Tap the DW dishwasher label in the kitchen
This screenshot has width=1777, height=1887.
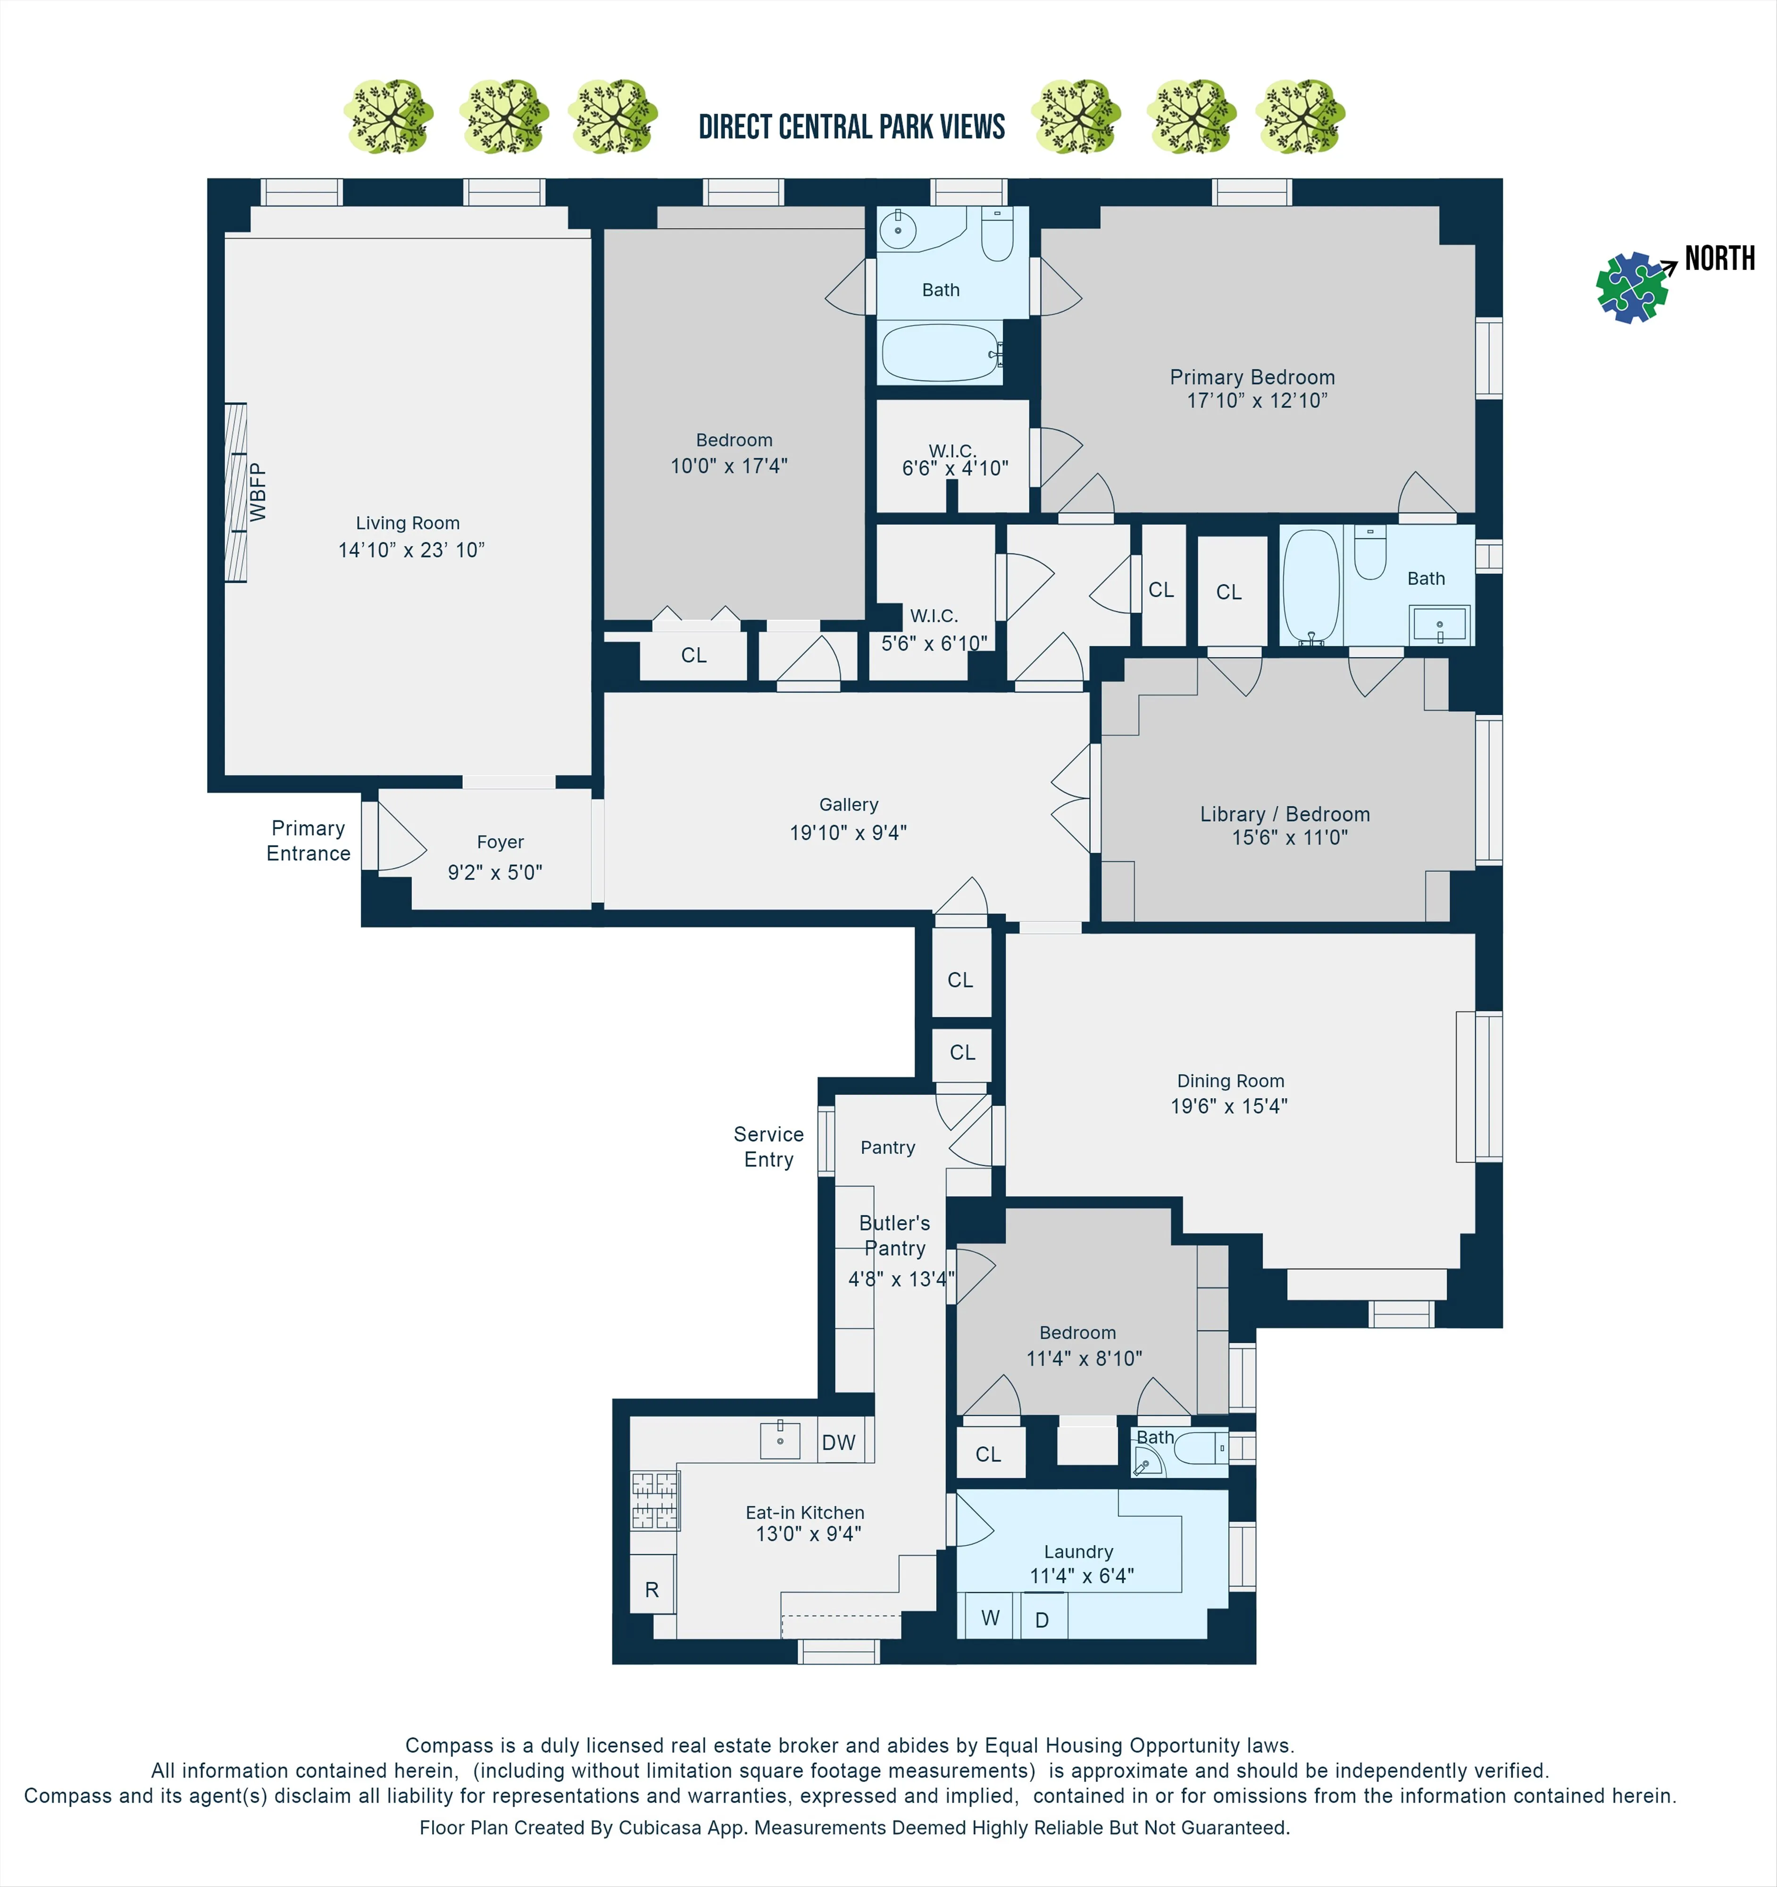coord(838,1443)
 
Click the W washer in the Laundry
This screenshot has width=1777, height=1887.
coord(990,1619)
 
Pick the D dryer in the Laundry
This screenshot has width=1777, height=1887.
coord(1041,1620)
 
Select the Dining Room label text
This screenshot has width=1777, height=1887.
coord(1230,1081)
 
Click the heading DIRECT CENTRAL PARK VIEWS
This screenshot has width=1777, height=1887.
coord(851,127)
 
